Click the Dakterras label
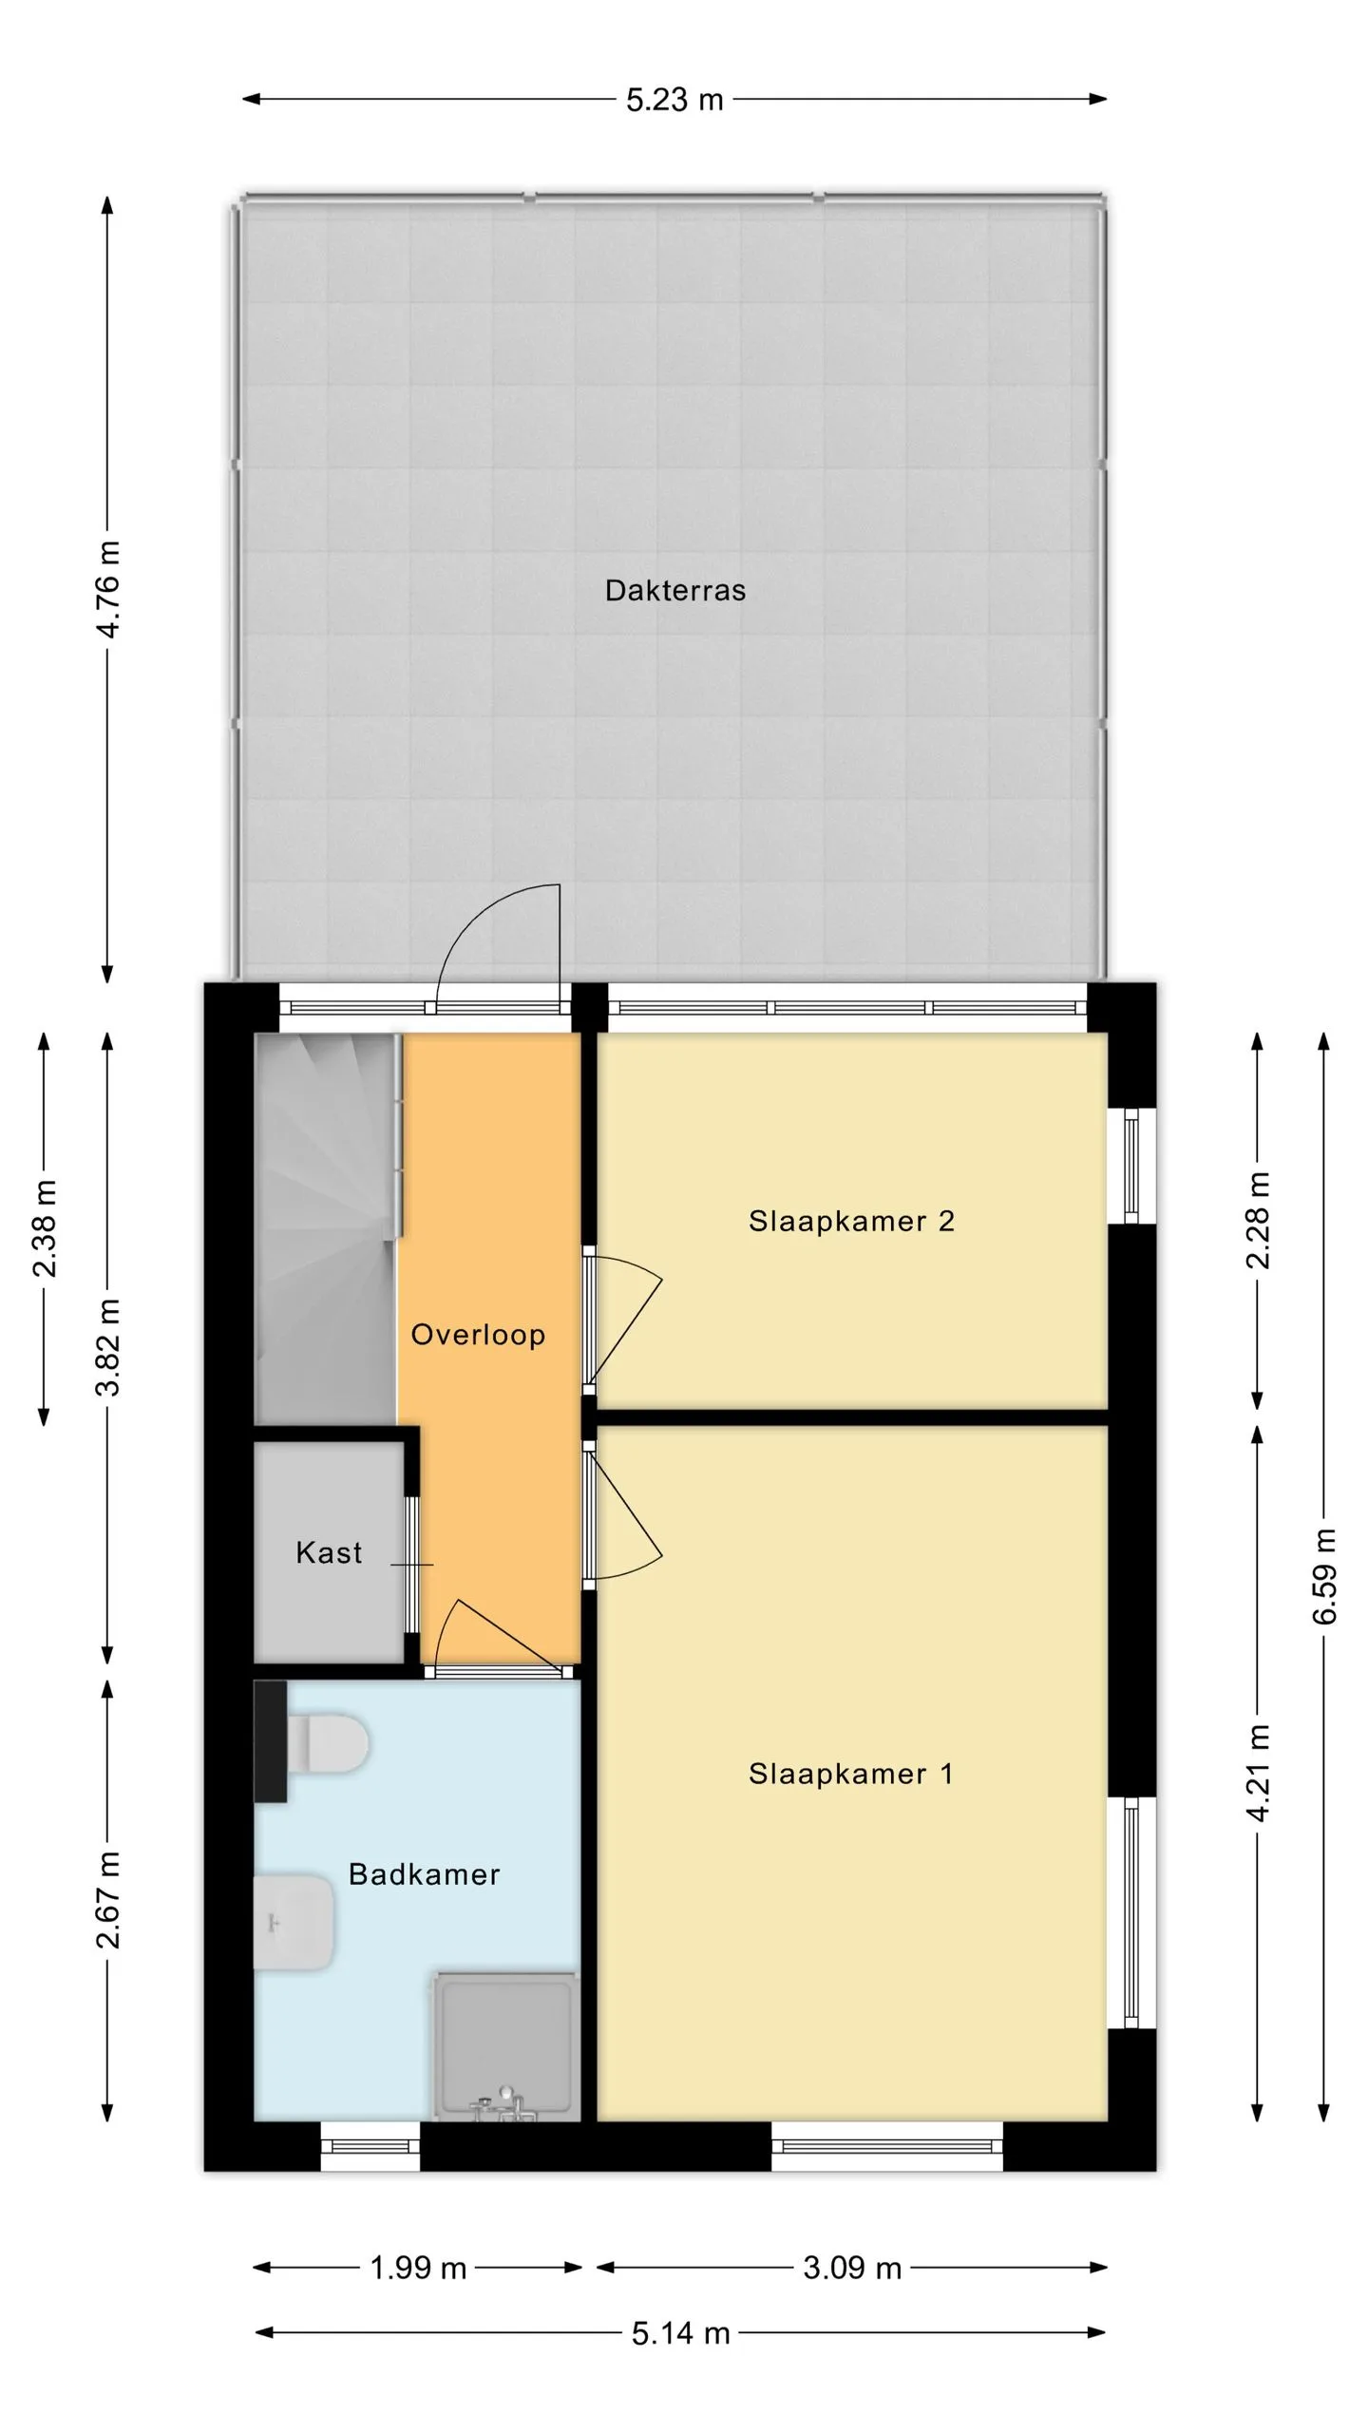(675, 590)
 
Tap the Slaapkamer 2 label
(851, 1221)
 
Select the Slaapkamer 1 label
(850, 1774)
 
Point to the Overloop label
(478, 1335)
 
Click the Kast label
(329, 1552)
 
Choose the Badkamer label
(424, 1874)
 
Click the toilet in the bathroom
(327, 1743)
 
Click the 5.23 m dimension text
(674, 100)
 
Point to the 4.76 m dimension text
(108, 589)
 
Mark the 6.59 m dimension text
(1324, 1576)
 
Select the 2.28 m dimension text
(1258, 1221)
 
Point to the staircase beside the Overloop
(326, 1229)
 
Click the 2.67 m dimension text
(108, 1900)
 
